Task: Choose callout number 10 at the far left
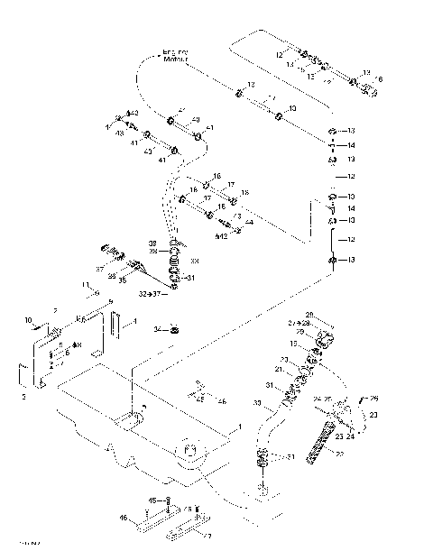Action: [x=27, y=319]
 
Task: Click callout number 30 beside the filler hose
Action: [x=256, y=402]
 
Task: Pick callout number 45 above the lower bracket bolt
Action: [x=152, y=500]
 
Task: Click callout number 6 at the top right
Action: [x=380, y=79]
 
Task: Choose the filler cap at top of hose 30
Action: [x=323, y=341]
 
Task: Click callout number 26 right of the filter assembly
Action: [x=373, y=398]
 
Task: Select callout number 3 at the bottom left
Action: [x=24, y=394]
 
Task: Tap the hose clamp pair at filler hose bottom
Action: [x=264, y=459]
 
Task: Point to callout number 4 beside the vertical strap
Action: [x=134, y=320]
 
